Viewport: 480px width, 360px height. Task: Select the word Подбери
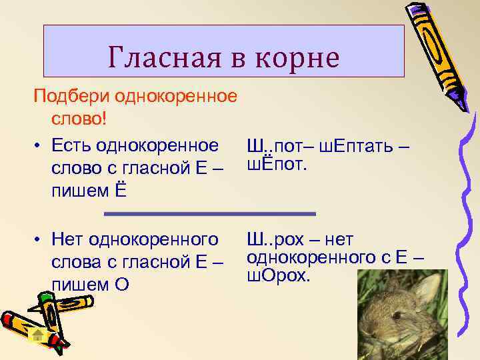tap(71, 97)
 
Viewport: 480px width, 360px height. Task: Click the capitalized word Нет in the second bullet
tap(69, 239)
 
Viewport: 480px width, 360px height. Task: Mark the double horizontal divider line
tap(210, 214)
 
